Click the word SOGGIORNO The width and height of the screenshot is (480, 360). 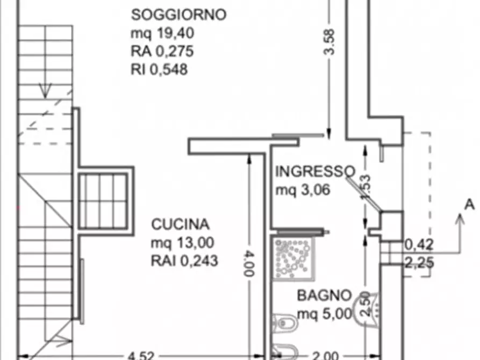pyautogui.click(x=179, y=15)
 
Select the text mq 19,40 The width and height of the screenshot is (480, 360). pyautogui.click(x=162, y=33)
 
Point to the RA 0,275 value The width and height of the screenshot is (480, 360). pyautogui.click(x=162, y=52)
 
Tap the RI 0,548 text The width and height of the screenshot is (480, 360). pyautogui.click(x=160, y=69)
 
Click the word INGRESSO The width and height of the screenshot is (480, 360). pyautogui.click(x=315, y=171)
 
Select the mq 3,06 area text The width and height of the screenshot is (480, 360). pyautogui.click(x=302, y=190)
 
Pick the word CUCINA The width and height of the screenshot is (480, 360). pyautogui.click(x=180, y=224)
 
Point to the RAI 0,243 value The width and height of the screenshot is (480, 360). pyautogui.click(x=184, y=261)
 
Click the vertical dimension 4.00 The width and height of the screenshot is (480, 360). pyautogui.click(x=248, y=262)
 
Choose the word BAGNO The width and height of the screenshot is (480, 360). pyautogui.click(x=325, y=295)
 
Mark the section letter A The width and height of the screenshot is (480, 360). pyautogui.click(x=469, y=204)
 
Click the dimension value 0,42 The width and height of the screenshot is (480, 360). pyautogui.click(x=419, y=246)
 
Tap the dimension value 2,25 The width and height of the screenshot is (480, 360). pyautogui.click(x=419, y=263)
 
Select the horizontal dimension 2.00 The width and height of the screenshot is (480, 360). pyautogui.click(x=326, y=355)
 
